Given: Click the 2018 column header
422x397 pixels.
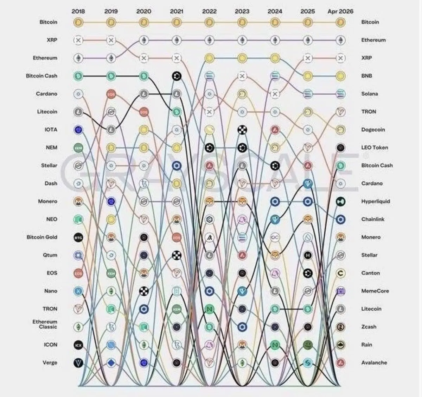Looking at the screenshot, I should click(78, 11).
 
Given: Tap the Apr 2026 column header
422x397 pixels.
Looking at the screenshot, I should click(340, 11).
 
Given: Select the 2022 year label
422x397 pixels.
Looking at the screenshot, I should click(209, 11).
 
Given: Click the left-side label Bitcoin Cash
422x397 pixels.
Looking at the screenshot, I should click(41, 76).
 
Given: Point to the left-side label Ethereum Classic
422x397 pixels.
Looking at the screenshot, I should click(45, 324).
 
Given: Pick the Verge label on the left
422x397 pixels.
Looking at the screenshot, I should click(50, 362).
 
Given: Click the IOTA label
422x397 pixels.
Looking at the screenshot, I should click(51, 130).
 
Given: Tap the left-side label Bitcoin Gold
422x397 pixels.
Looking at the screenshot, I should click(42, 237).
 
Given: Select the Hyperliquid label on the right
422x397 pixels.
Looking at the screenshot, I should click(376, 201).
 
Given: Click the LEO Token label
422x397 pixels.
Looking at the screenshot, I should click(375, 148).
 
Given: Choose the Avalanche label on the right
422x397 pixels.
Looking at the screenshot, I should click(374, 362).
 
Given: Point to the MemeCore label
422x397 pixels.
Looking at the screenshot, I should click(375, 291).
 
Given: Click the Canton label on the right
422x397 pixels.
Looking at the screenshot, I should click(371, 273).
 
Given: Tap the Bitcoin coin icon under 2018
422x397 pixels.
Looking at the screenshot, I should click(78, 23).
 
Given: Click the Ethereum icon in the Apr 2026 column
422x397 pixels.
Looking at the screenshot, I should click(340, 40).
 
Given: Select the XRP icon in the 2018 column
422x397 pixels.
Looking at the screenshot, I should click(78, 40).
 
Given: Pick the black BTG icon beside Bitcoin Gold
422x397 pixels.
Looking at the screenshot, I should click(78, 237).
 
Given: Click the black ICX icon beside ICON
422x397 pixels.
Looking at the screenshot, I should click(78, 345).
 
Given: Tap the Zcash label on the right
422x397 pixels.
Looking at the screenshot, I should click(369, 327).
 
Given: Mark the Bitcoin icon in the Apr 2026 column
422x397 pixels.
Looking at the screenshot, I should click(340, 23).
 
